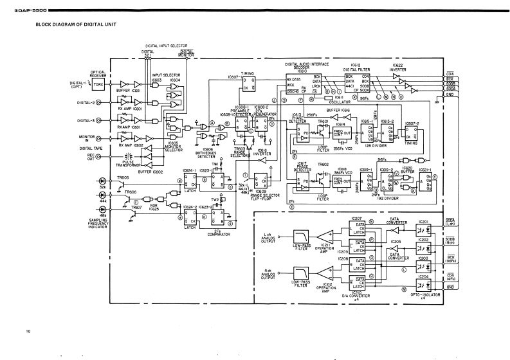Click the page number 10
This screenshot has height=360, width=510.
pos(28,331)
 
